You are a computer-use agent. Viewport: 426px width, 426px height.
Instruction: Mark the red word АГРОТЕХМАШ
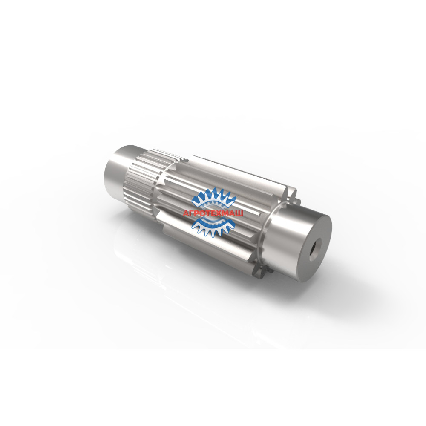(213, 213)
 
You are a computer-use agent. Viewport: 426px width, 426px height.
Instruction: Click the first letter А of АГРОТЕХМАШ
(186, 213)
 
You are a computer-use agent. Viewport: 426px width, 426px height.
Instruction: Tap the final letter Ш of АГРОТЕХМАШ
(239, 213)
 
